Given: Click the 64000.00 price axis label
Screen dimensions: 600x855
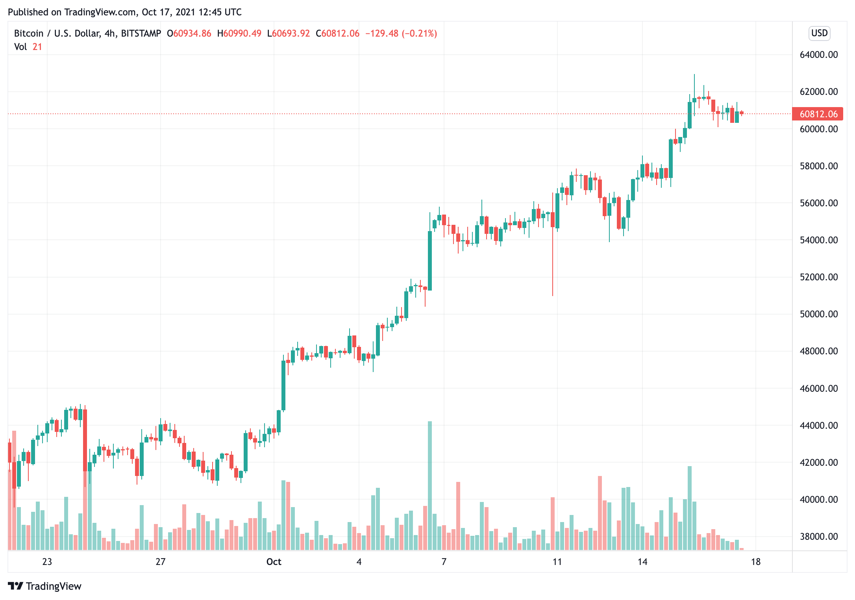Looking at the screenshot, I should [818, 55].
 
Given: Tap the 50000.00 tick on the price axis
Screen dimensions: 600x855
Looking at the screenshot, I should [818, 314].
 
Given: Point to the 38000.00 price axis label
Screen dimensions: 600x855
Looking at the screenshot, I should [818, 537].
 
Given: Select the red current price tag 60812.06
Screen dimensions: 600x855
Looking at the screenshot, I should [818, 114].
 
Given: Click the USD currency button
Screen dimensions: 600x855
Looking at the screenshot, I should [819, 33].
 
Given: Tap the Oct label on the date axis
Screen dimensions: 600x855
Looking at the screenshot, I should [274, 562].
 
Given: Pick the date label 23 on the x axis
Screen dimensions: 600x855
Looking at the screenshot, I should [47, 562].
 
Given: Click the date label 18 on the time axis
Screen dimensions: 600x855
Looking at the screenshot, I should [755, 562].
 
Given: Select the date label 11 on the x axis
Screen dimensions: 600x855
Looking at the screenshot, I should [557, 562].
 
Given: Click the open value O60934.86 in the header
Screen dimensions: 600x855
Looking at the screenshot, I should [189, 33].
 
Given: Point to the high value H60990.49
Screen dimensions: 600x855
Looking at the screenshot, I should [239, 33].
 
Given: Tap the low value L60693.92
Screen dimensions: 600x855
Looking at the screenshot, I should [289, 33].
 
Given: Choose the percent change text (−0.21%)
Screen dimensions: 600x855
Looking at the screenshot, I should [419, 33].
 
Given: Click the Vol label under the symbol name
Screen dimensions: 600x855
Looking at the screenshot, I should [20, 47].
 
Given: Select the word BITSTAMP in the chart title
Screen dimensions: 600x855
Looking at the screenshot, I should [141, 33].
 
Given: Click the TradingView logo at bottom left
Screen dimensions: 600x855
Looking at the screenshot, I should [44, 586].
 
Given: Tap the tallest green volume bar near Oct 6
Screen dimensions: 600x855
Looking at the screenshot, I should [430, 484].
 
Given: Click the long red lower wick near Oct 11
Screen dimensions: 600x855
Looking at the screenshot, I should [553, 268].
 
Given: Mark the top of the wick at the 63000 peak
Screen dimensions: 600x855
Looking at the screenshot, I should [694, 75].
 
